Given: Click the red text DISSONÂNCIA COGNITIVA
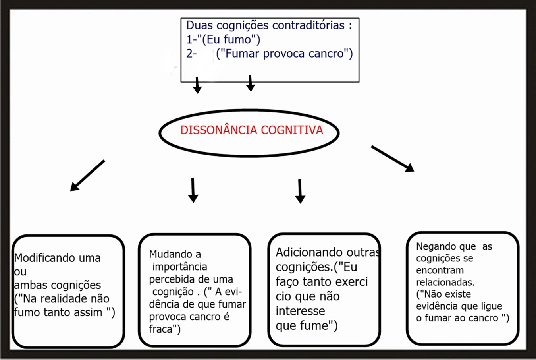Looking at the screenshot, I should click(251, 130).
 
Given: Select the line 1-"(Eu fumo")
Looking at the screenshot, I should click(223, 39).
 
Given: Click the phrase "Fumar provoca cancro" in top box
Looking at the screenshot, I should click(284, 54).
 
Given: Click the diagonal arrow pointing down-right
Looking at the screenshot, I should click(392, 159).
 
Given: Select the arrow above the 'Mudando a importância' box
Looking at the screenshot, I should click(193, 190).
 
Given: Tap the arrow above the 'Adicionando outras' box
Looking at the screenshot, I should click(300, 191).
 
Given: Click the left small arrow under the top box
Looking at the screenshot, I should click(197, 85).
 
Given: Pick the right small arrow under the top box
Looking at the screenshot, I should click(250, 83).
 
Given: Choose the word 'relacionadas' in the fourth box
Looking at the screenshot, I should click(445, 283).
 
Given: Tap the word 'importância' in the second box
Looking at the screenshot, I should click(179, 267).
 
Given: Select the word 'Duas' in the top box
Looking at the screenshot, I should click(199, 25).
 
